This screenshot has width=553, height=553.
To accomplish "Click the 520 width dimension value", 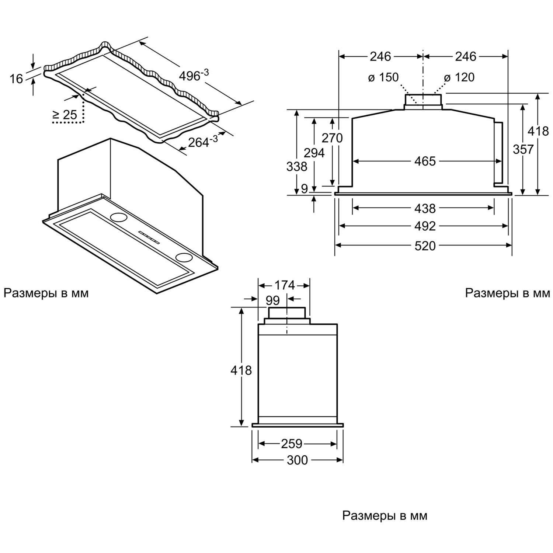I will coord(425,246).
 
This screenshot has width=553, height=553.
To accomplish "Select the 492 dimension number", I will coord(425,226).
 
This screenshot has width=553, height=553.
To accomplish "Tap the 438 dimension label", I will coord(425,209).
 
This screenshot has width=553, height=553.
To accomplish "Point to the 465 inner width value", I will coord(425,161).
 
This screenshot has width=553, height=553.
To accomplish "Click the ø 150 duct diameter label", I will coord(383,77).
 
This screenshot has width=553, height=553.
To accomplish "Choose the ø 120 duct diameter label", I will coord(459,77).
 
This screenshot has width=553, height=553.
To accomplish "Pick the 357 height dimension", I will coord(523,149).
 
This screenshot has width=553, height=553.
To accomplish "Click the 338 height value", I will coord(297,167).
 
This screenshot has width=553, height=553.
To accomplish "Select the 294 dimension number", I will coord(314,153).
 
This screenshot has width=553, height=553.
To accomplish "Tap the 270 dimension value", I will coord(332,138).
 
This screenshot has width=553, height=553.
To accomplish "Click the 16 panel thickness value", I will coord(16,79).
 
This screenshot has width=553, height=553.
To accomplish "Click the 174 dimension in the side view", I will coord(285,285).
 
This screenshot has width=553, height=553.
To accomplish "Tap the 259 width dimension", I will coord(292,444).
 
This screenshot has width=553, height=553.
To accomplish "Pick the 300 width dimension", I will coord(297,460).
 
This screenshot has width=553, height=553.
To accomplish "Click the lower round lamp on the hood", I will coord(183,257).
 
